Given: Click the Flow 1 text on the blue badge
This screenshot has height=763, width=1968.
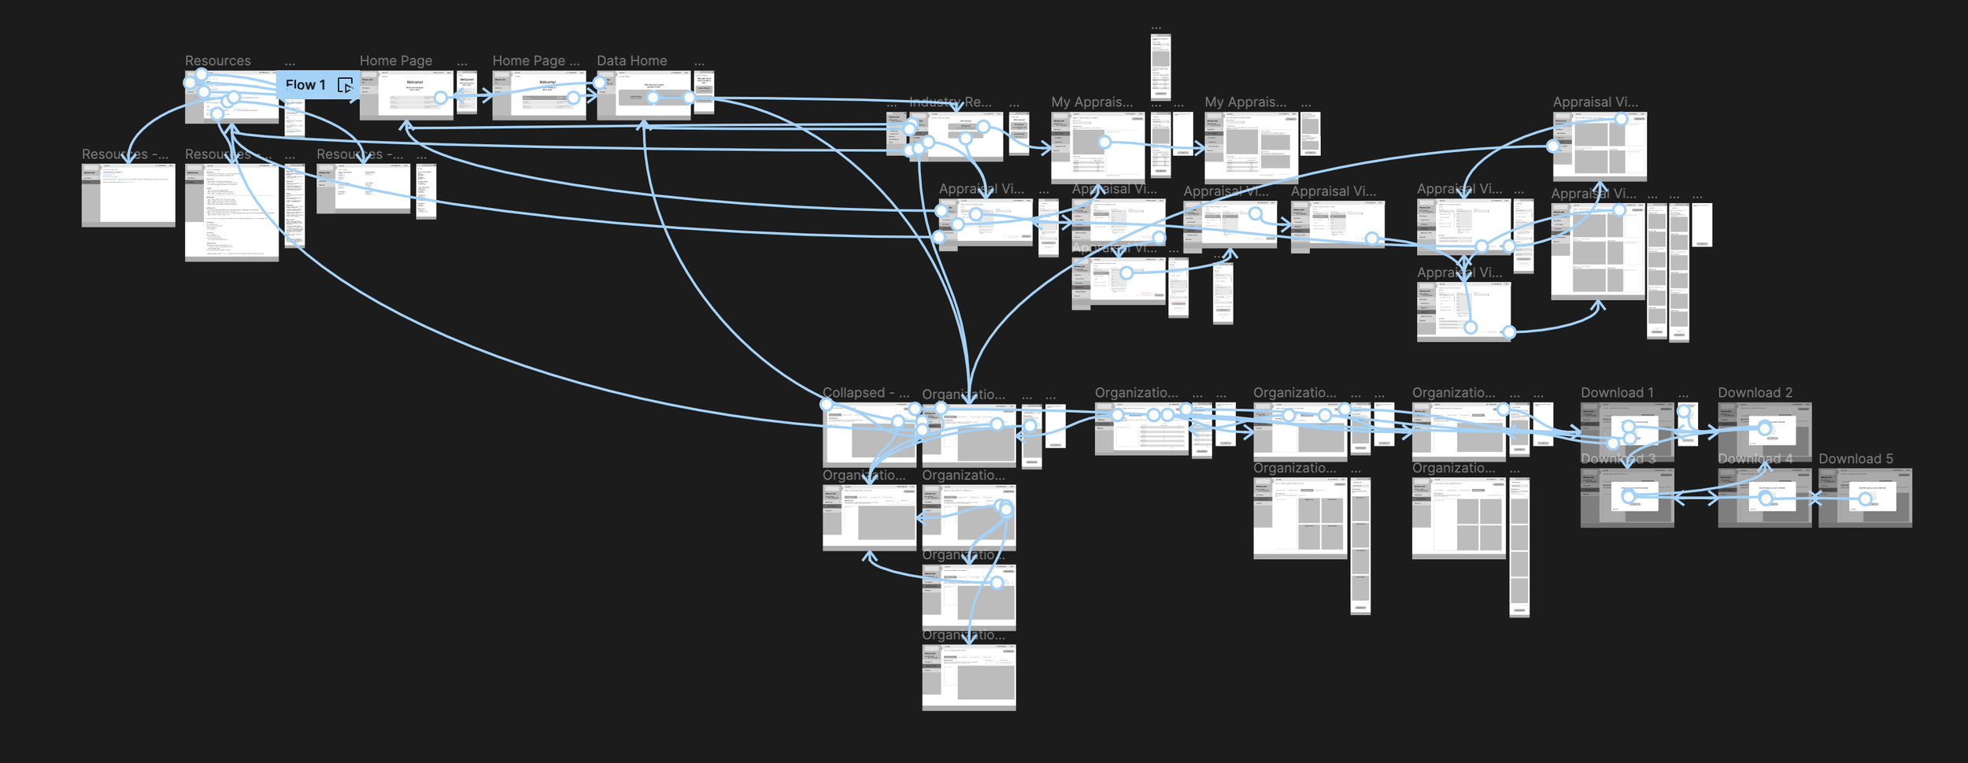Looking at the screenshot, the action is [x=305, y=85].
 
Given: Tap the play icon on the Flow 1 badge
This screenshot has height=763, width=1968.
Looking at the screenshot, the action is [x=345, y=85].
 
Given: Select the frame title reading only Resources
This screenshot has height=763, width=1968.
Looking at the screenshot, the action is [x=218, y=61].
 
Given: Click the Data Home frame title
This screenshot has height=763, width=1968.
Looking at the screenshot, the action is [x=631, y=61].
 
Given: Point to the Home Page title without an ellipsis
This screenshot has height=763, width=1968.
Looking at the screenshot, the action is [x=396, y=61].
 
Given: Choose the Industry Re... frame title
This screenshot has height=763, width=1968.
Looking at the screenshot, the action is [x=950, y=102].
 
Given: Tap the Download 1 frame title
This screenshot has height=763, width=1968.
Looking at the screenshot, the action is [x=1617, y=393].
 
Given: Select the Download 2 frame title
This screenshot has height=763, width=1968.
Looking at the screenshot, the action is [x=1755, y=393].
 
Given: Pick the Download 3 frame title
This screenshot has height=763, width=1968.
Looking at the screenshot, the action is [x=1618, y=459].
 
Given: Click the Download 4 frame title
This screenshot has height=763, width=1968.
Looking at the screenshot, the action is [x=1755, y=459].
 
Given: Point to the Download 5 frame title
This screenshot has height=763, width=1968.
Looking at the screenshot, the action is [x=1855, y=459].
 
